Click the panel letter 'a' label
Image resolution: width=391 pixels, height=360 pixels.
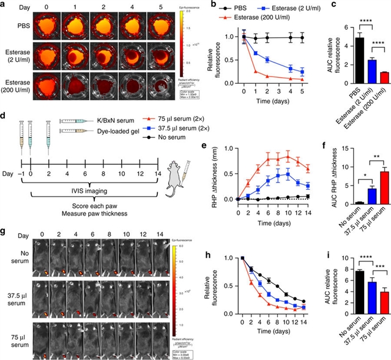coord(4,6)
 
